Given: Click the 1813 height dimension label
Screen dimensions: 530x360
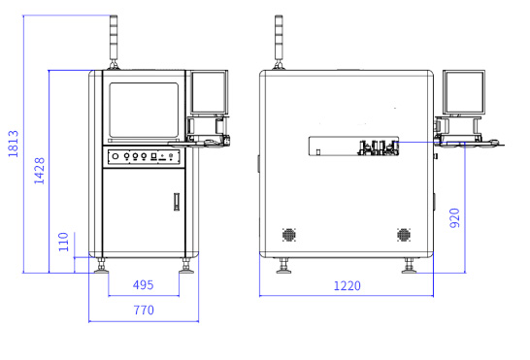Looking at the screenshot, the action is [x=14, y=144].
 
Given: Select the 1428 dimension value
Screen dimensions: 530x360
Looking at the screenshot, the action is [x=39, y=171].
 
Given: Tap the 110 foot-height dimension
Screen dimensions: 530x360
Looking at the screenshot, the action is [x=63, y=242].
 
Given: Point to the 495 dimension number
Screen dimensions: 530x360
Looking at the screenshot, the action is [x=144, y=285].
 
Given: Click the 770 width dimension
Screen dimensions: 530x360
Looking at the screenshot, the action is [x=144, y=310].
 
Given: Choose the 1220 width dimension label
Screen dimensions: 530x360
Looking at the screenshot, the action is [x=348, y=286].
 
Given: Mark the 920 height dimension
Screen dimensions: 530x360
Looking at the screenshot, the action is [x=455, y=218].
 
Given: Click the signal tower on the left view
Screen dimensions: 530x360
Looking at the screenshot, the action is [x=114, y=43].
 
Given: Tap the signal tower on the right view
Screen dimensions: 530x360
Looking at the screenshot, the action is [x=279, y=43].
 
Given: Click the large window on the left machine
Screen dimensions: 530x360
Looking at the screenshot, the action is [x=144, y=111].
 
